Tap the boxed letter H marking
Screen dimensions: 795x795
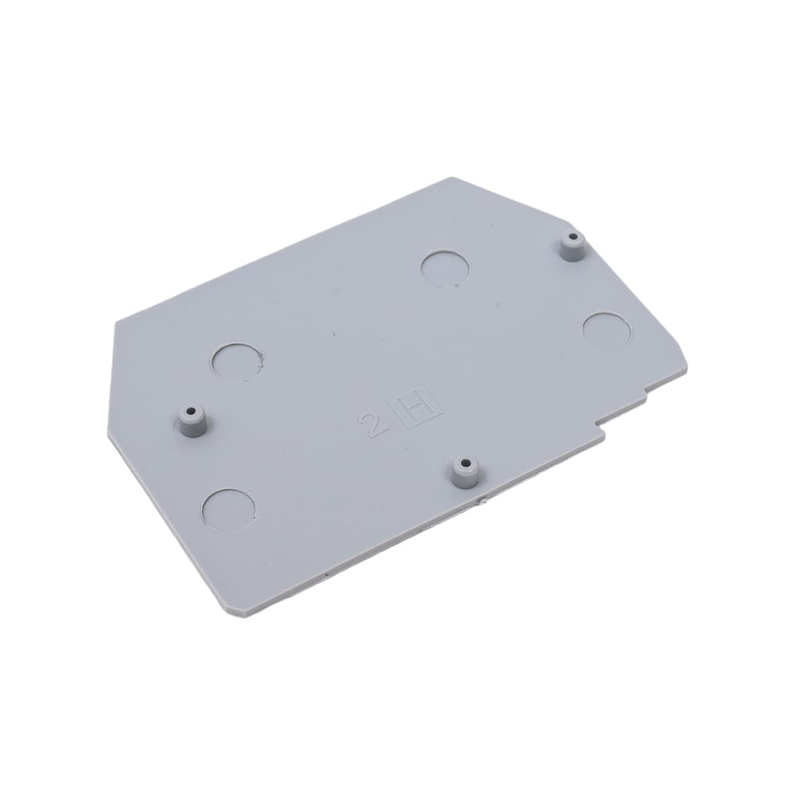[416, 409]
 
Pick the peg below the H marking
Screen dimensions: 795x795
[465, 472]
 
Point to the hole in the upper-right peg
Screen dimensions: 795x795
[573, 236]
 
